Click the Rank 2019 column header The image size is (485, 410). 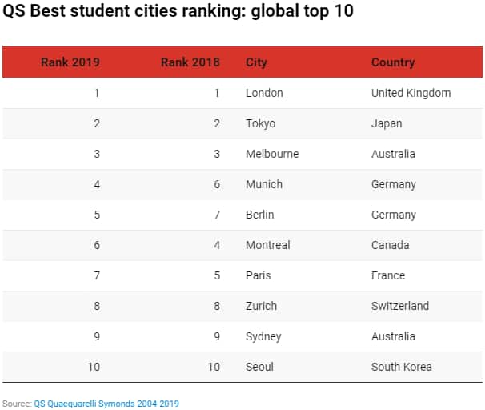pyautogui.click(x=70, y=62)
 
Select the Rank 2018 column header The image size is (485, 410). pyautogui.click(x=190, y=62)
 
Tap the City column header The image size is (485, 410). pyautogui.click(x=256, y=62)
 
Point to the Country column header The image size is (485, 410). pyautogui.click(x=393, y=62)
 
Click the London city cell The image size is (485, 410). pyautogui.click(x=264, y=93)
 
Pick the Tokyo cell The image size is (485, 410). pyautogui.click(x=260, y=123)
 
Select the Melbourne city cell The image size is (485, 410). pyautogui.click(x=272, y=154)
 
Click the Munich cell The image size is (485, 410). pyautogui.click(x=264, y=184)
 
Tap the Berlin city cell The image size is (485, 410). pyautogui.click(x=260, y=215)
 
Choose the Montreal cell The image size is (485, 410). pyautogui.click(x=268, y=245)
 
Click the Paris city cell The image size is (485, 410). pyautogui.click(x=259, y=275)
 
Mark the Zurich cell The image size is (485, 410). pyautogui.click(x=261, y=306)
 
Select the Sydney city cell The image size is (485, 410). pyautogui.click(x=263, y=336)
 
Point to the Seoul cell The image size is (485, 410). pyautogui.click(x=259, y=367)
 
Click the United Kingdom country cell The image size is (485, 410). pyautogui.click(x=411, y=93)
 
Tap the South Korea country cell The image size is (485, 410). pyautogui.click(x=401, y=367)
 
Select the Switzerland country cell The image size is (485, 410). pyautogui.click(x=400, y=306)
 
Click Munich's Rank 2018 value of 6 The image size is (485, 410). pyautogui.click(x=216, y=184)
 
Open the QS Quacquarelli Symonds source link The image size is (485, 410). pyautogui.click(x=106, y=404)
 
